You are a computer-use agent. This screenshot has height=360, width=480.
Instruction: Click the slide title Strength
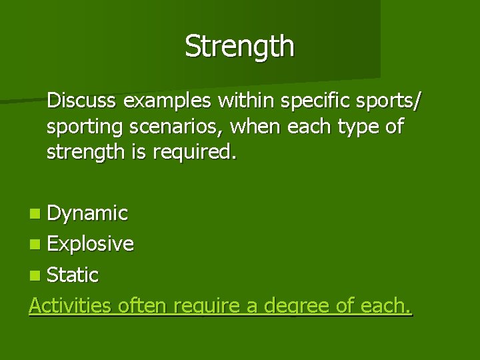(239, 47)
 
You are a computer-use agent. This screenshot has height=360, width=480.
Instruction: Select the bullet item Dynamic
(87, 213)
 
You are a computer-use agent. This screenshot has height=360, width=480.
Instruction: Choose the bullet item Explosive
(90, 244)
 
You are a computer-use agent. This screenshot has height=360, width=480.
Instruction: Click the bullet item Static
(73, 275)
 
